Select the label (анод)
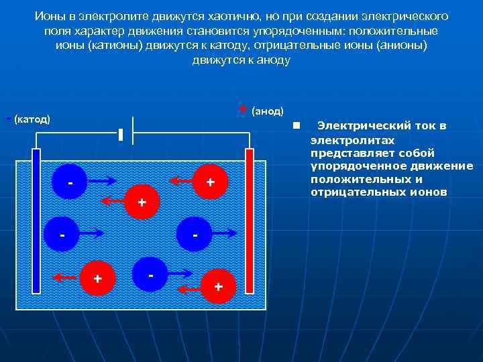(x=267, y=111)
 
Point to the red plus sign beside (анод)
(x=242, y=109)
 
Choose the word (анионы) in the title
(x=395, y=45)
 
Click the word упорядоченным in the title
(x=299, y=30)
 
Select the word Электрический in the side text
(x=382, y=125)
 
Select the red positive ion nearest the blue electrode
(x=97, y=276)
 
